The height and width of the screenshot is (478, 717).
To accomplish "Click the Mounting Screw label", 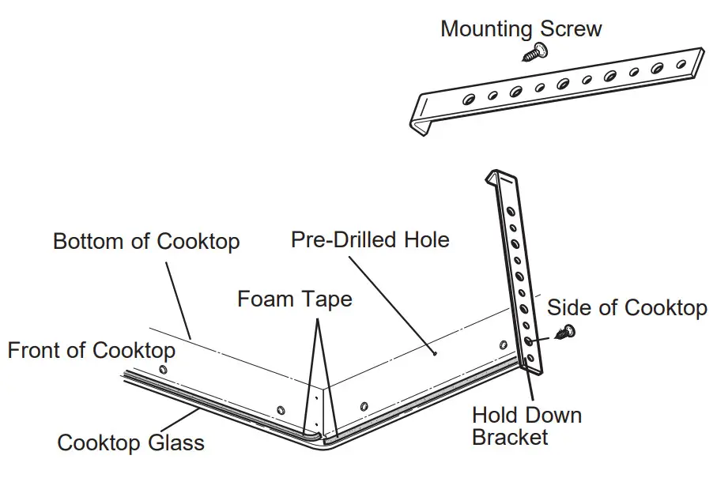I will (520, 29).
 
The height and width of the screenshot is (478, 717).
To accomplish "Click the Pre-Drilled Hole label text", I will (370, 239).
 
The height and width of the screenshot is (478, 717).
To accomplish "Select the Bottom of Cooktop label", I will (145, 241).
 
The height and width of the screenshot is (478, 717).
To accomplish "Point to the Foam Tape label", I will (294, 299).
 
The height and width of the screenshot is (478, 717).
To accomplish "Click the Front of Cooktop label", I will (92, 349).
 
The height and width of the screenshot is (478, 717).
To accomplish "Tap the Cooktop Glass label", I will (130, 442).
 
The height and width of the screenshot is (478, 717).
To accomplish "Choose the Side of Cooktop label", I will (626, 307).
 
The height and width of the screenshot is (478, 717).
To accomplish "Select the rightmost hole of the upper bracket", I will (681, 62).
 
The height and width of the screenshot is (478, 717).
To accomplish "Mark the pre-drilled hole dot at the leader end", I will (435, 353).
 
